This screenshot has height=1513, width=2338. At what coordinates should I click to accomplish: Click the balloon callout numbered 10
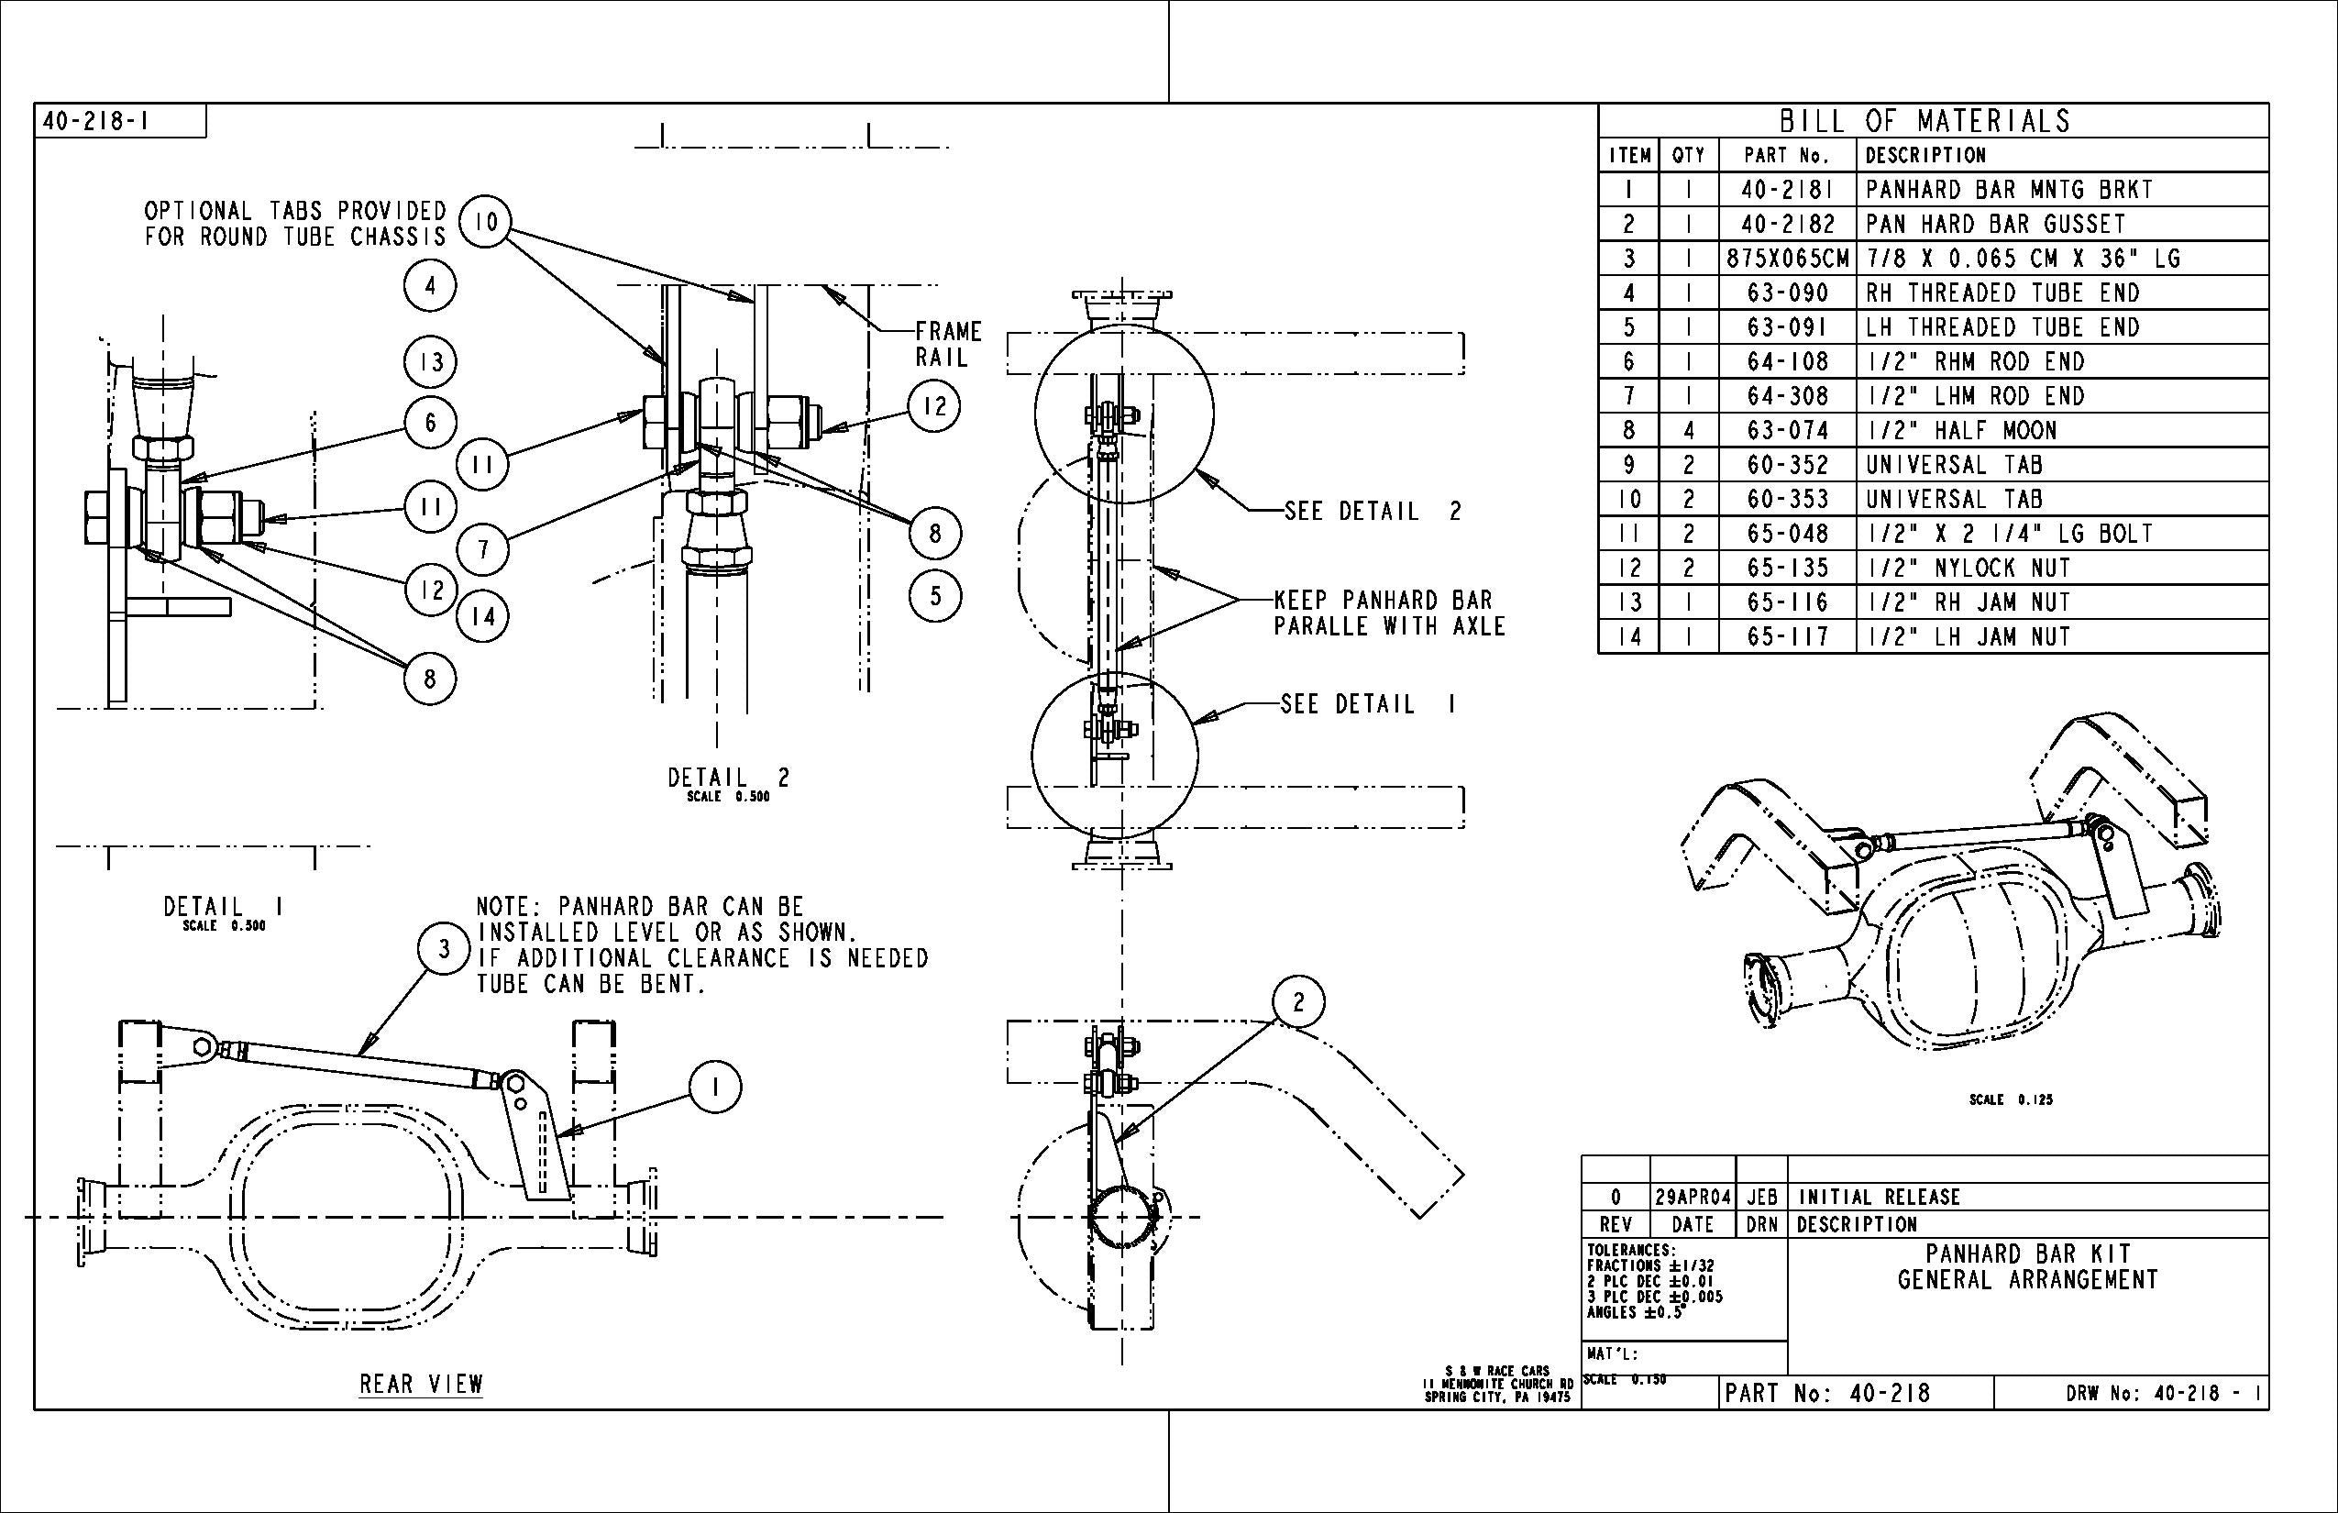pos(485,223)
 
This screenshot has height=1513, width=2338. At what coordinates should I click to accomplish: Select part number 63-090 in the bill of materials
pos(1787,293)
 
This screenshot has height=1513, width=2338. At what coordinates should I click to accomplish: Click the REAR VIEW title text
pos(421,1385)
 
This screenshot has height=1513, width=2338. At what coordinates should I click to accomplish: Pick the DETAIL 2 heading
pos(728,779)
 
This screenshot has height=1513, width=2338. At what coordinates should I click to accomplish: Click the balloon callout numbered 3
pos(444,949)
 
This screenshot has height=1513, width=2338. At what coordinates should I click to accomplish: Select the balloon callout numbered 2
pos(1298,1002)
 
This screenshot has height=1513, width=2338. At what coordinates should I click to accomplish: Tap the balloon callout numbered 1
pos(715,1088)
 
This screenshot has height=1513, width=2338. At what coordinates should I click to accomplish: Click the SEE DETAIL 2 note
pos(1373,511)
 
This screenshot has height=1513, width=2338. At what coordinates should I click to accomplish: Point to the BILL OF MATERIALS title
pos(1924,121)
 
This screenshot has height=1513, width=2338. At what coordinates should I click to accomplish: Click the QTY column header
pos(1688,155)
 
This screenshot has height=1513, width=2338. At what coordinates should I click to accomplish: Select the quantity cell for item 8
pos(1688,430)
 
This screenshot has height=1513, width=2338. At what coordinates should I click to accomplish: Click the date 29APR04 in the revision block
pos(1693,1197)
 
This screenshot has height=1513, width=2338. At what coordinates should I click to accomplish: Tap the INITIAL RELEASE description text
pos(1879,1197)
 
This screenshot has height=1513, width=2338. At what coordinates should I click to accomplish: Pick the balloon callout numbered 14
pos(483,617)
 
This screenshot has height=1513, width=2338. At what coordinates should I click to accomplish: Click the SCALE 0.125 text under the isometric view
pos(2010,1099)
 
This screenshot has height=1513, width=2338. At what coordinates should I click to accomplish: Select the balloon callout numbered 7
pos(483,549)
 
